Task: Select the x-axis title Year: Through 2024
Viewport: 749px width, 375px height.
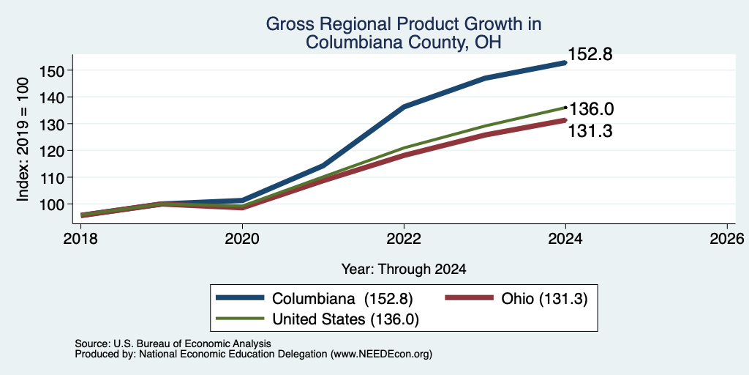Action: (404, 270)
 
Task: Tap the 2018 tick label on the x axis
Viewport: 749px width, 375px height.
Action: (80, 238)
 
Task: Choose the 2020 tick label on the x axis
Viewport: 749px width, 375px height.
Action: (242, 238)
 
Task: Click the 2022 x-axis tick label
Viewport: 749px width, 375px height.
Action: (404, 238)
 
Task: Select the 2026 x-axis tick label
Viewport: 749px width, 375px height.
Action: (727, 238)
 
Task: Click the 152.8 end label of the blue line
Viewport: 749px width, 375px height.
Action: (590, 54)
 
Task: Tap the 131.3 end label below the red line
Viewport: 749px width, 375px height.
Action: (590, 131)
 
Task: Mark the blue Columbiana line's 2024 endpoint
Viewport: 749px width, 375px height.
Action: (565, 63)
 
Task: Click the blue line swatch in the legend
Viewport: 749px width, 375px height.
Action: (240, 298)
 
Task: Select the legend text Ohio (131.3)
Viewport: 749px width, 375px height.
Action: (544, 299)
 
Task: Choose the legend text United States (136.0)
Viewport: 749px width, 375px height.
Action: (345, 319)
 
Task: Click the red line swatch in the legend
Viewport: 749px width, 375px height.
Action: (469, 298)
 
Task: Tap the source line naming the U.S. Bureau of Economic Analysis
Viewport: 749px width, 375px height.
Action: (173, 344)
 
